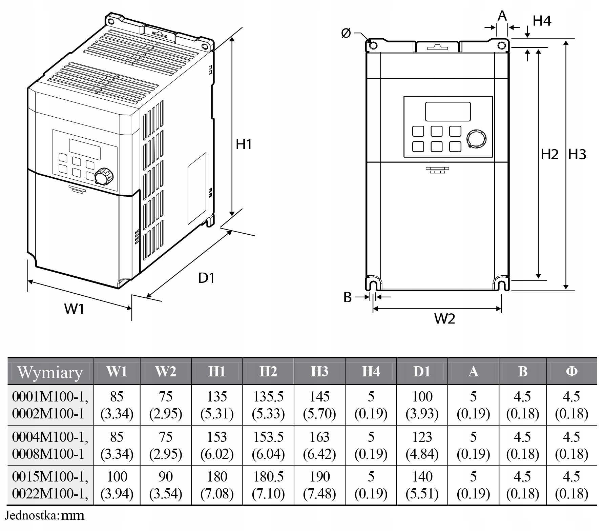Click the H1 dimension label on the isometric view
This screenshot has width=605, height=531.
[244, 144]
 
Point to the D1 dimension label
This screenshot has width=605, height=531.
[206, 278]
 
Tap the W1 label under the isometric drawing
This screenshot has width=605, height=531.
[74, 309]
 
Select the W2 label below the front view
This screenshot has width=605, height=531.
[444, 318]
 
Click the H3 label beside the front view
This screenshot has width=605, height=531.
[577, 155]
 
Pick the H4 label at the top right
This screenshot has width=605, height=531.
[542, 21]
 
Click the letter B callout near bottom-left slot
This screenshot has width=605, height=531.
[348, 297]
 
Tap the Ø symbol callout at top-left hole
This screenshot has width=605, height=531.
[346, 34]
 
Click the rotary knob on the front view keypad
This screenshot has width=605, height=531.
[477, 138]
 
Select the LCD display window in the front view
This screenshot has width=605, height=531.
[448, 111]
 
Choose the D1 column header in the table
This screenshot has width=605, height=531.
[422, 372]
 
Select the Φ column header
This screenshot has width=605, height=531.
[571, 372]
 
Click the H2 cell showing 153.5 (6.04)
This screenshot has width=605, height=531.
[268, 445]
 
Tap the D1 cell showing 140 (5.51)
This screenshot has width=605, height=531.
[422, 485]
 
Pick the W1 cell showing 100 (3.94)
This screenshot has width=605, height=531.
[117, 485]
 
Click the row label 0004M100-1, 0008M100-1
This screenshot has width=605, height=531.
[50, 445]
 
